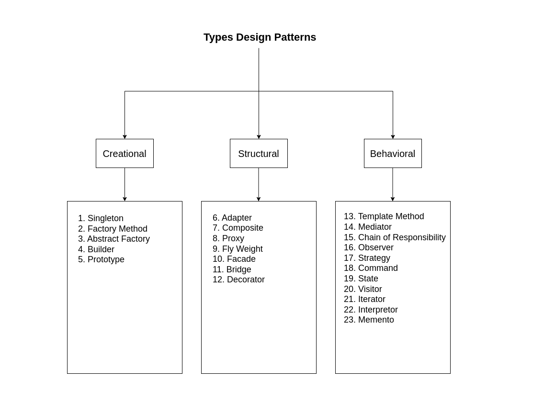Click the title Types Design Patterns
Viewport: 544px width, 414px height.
coord(260,37)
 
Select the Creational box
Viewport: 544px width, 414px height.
coord(125,154)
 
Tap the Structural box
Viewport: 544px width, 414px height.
coord(259,154)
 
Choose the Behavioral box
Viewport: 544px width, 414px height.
coord(393,154)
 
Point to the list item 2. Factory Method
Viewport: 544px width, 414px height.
coord(113,229)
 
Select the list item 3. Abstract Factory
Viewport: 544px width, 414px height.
coord(114,239)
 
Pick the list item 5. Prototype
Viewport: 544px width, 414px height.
coord(101,259)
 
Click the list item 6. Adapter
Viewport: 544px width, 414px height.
coord(232,218)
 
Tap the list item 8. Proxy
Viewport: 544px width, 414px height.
coord(228,238)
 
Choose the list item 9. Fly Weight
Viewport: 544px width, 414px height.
coord(238,249)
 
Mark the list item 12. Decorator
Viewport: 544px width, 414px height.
coord(238,280)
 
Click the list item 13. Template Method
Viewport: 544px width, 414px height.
coord(384,216)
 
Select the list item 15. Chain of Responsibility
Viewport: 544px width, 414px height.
coord(395,237)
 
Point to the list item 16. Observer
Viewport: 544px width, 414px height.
coord(369,247)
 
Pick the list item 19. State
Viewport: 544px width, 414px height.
coord(361,279)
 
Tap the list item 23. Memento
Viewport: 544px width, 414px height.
coord(369,320)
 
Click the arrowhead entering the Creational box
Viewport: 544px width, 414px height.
coord(125,137)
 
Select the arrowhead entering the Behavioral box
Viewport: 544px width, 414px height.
coord(393,137)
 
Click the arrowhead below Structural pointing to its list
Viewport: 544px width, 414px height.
coord(259,199)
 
